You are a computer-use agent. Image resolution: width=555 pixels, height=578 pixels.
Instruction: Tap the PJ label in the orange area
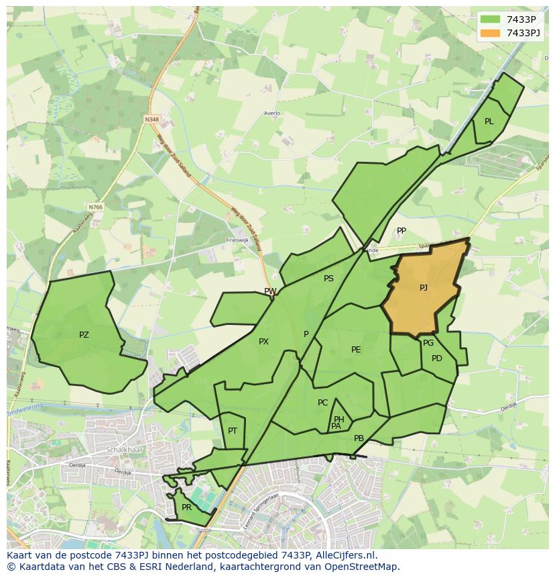coord(424,288)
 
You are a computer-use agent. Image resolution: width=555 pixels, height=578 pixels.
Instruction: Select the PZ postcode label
coord(84,335)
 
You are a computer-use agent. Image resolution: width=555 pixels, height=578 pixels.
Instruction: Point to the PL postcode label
coord(489,122)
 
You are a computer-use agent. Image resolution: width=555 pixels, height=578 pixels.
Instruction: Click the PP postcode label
coord(402,231)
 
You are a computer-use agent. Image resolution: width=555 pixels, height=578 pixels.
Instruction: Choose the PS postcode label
coord(328,279)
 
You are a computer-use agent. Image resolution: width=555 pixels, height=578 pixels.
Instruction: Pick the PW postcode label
coord(270,291)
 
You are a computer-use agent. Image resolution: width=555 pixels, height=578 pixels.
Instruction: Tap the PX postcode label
coord(263,342)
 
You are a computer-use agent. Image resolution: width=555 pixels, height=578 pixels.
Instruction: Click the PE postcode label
coord(356,350)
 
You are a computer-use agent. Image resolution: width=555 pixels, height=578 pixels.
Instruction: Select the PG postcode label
coord(428,343)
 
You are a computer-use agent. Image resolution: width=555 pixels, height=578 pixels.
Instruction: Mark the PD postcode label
coord(437,358)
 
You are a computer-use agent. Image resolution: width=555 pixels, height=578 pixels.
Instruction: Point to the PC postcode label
coord(323,403)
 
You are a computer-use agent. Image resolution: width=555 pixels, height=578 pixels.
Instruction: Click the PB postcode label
coord(359,438)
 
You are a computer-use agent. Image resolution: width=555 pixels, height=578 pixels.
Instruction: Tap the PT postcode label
coord(233,431)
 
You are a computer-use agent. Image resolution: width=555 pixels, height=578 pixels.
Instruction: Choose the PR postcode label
coord(186,508)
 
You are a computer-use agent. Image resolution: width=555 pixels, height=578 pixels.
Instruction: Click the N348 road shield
coord(151,119)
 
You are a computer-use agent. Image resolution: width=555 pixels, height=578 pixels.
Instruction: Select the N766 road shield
coord(95,207)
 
